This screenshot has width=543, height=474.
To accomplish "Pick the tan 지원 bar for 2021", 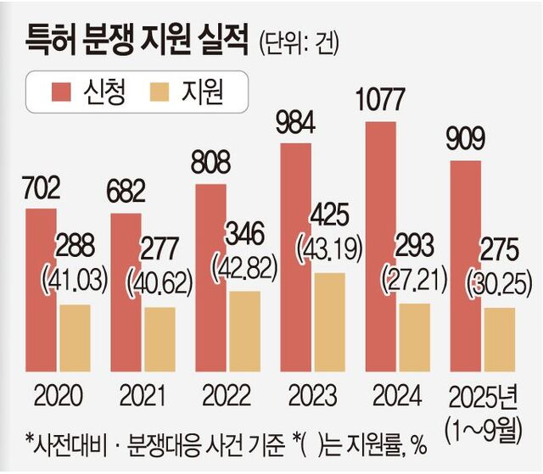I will [x=159, y=339].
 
